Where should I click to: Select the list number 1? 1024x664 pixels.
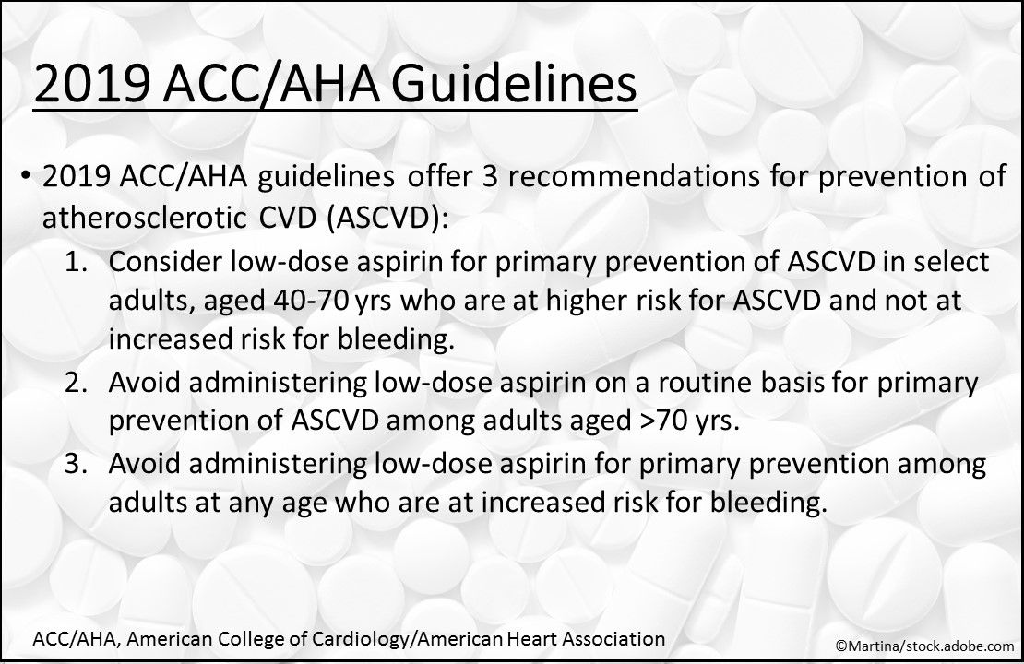tap(78, 262)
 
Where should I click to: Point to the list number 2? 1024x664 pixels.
tap(78, 383)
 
